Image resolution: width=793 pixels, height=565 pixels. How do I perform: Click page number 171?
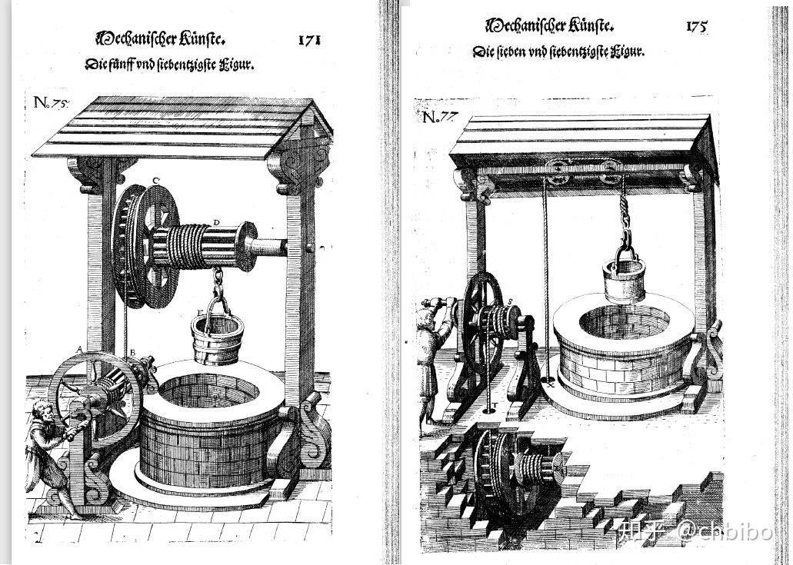[309, 39]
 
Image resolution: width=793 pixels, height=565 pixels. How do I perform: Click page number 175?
[696, 26]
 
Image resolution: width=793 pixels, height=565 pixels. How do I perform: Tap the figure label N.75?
[51, 104]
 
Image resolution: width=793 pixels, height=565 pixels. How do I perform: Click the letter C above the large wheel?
[155, 181]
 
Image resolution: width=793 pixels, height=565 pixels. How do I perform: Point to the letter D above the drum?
[216, 223]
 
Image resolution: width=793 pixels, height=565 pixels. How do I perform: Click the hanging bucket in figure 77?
[624, 279]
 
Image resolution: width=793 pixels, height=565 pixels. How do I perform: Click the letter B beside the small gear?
[132, 353]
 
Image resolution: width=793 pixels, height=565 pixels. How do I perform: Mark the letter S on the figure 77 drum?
[510, 301]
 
